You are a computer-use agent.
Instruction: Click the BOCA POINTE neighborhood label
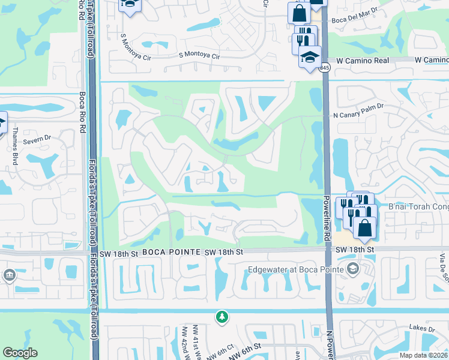pyautogui.click(x=170, y=253)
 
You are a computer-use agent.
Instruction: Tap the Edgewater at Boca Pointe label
pyautogui.click(x=296, y=269)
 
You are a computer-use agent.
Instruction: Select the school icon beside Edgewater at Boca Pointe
pyautogui.click(x=352, y=268)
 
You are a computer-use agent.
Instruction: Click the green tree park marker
pyautogui.click(x=222, y=316)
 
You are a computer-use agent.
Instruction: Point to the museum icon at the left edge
pyautogui.click(x=10, y=275)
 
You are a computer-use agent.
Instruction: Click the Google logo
pyautogui.click(x=20, y=353)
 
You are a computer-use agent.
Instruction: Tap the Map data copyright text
pyautogui.click(x=423, y=355)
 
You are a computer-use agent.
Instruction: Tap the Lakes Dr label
pyautogui.click(x=422, y=329)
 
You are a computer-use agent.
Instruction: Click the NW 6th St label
pyautogui.click(x=244, y=347)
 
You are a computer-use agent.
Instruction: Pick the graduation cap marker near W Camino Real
pyautogui.click(x=310, y=58)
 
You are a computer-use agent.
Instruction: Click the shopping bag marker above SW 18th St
pyautogui.click(x=364, y=227)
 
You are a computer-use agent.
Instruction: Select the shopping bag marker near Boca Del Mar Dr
pyautogui.click(x=299, y=13)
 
